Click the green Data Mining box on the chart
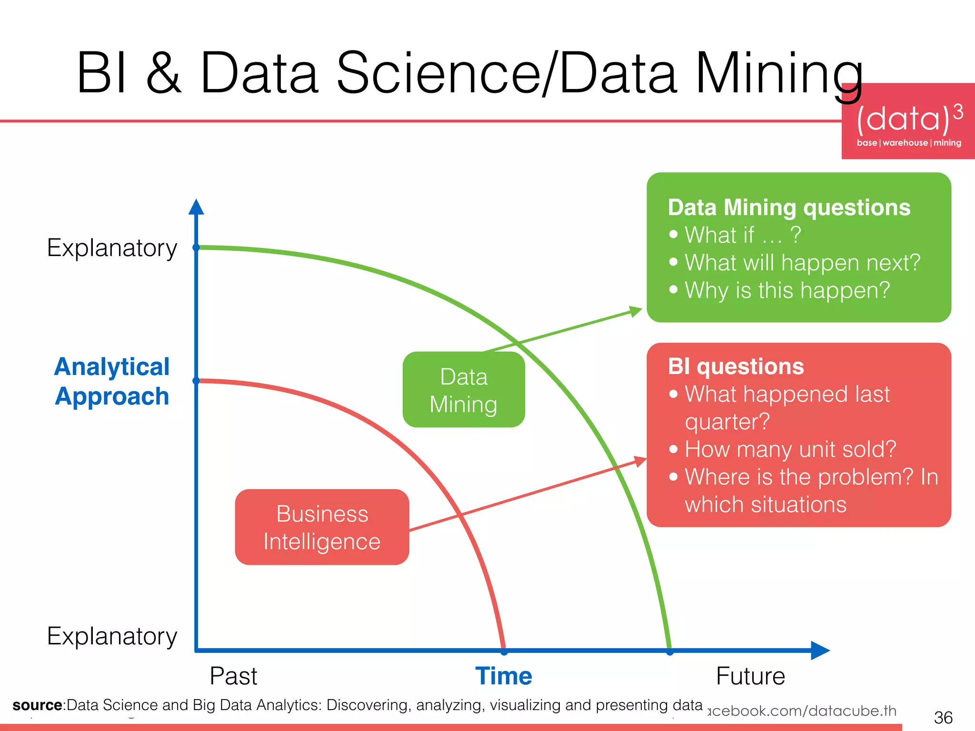[464, 390]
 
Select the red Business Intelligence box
[322, 527]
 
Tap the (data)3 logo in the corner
[908, 122]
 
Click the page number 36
[943, 717]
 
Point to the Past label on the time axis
[233, 676]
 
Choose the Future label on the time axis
[750, 676]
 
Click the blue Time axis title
[504, 676]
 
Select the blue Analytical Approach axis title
[112, 381]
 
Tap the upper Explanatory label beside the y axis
[112, 248]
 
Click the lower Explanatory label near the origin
[112, 636]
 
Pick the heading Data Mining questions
[789, 207]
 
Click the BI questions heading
[736, 366]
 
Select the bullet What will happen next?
[802, 262]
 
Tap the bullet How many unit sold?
[790, 449]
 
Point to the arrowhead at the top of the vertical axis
[196, 207]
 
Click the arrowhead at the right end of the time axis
[820, 650]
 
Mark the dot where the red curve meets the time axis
[504, 652]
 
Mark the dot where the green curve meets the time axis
[670, 652]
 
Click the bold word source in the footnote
[37, 705]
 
